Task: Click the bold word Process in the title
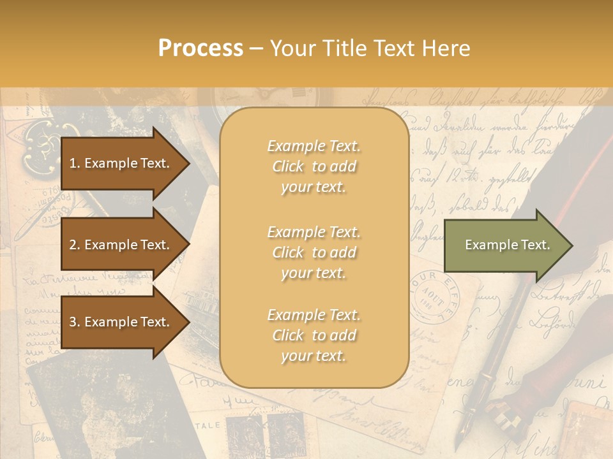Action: pos(201,48)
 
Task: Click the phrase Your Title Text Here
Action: pos(370,48)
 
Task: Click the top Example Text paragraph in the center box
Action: pos(314,166)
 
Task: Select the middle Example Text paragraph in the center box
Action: pos(314,252)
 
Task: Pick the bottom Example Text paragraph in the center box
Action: pos(314,335)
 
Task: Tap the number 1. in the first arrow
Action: pos(75,163)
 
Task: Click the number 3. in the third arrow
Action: pos(75,323)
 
